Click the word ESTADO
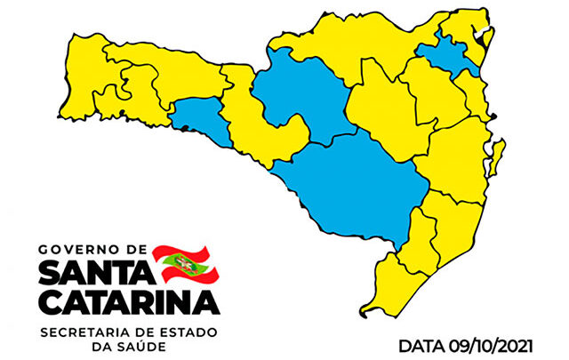(192, 331)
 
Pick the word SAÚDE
(136, 346)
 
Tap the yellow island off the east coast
(499, 153)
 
